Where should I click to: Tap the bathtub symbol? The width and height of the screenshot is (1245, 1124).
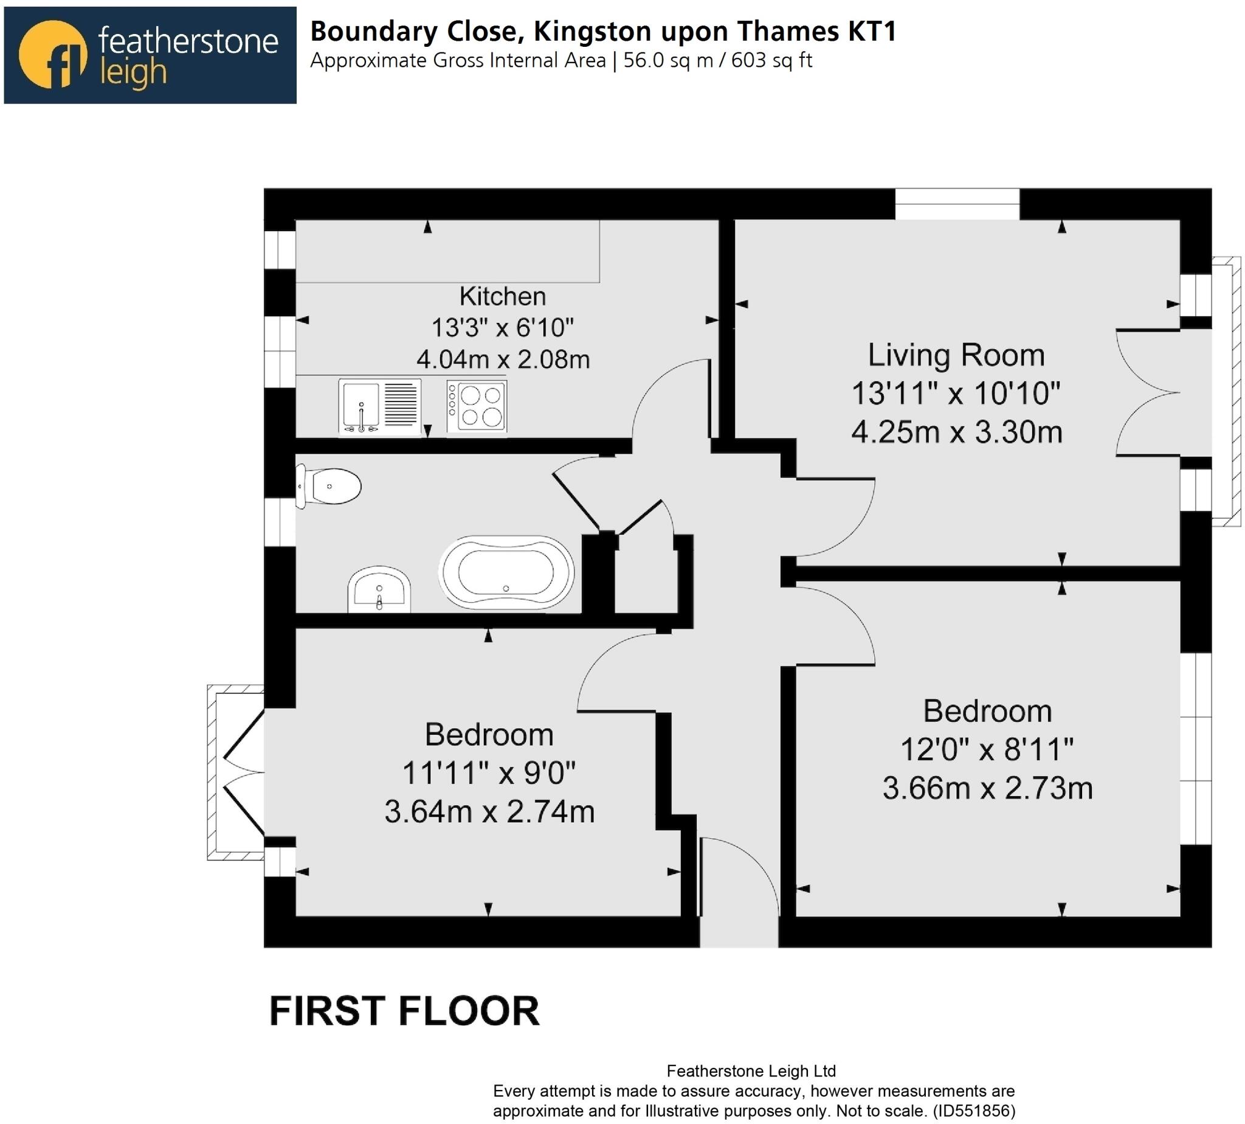[506, 572]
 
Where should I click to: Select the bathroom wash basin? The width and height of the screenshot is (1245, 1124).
[379, 589]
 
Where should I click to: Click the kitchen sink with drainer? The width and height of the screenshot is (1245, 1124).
[379, 406]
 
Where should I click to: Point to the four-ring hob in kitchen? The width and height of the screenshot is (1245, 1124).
[477, 406]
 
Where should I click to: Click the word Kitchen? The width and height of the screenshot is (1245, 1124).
[502, 296]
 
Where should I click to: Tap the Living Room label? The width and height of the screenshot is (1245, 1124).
[956, 355]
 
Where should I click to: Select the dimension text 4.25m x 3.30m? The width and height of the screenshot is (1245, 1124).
[956, 432]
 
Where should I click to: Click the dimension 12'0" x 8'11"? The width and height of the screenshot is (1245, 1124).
[987, 750]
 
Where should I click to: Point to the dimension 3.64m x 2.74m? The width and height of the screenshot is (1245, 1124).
[489, 811]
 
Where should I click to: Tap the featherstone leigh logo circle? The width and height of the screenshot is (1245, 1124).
[52, 54]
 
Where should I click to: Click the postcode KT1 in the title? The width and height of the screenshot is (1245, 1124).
[872, 32]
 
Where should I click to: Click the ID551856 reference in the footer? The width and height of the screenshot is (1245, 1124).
[973, 1111]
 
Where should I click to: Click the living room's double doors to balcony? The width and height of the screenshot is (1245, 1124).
[1145, 392]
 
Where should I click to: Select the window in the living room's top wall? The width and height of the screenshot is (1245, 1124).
[957, 203]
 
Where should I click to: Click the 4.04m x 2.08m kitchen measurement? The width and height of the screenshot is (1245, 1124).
[503, 359]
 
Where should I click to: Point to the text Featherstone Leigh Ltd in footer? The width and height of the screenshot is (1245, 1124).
[751, 1071]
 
